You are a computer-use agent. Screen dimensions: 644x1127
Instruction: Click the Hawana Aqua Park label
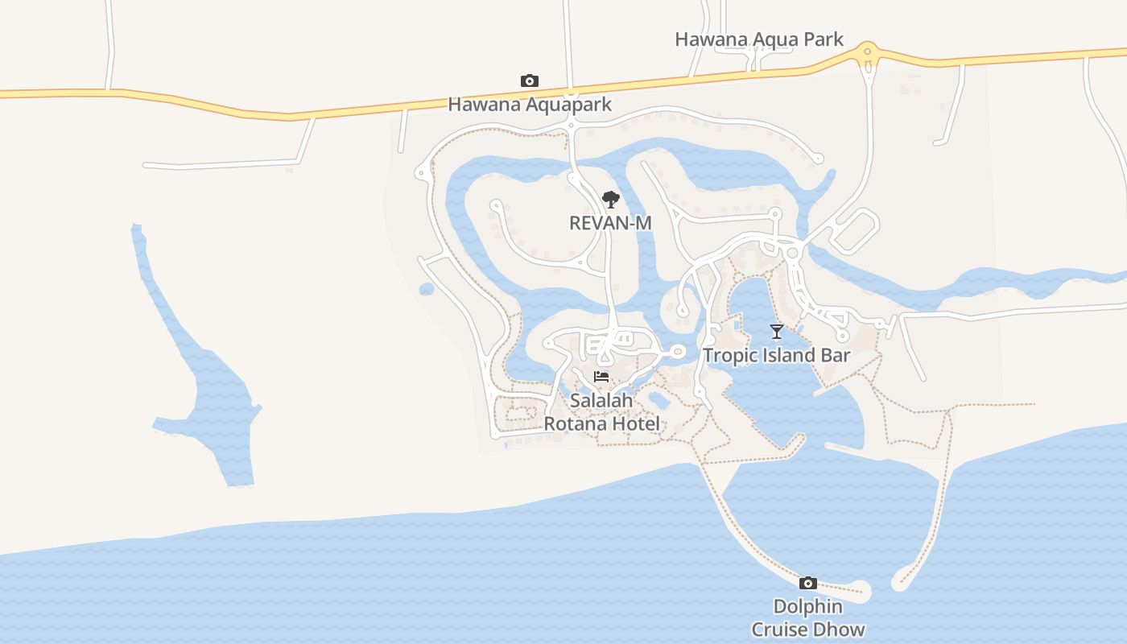point(758,39)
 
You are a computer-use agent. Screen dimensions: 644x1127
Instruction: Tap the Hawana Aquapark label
point(529,104)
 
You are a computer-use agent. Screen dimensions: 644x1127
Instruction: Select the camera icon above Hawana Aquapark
point(529,80)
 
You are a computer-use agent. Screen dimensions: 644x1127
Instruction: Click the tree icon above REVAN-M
point(610,199)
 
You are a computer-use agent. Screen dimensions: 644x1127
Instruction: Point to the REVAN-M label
point(609,222)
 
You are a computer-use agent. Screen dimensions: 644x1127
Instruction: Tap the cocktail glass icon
point(776,331)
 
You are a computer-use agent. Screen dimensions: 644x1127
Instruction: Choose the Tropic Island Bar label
point(776,355)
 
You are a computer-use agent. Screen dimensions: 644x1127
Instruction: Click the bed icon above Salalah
point(601,377)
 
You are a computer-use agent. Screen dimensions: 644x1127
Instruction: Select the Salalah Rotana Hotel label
point(602,411)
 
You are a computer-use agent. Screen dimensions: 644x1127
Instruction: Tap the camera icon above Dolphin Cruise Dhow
point(807,583)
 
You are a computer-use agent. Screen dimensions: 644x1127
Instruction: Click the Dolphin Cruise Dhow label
point(808,618)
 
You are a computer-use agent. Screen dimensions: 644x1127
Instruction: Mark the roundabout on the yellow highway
point(867,53)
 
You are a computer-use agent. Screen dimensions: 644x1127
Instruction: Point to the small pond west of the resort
point(427,289)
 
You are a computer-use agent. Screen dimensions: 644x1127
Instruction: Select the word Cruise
point(782,630)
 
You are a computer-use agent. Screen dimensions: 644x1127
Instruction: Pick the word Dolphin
point(808,606)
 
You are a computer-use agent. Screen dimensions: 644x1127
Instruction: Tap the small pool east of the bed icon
point(658,398)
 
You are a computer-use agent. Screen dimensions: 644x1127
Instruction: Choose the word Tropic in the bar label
point(729,355)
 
